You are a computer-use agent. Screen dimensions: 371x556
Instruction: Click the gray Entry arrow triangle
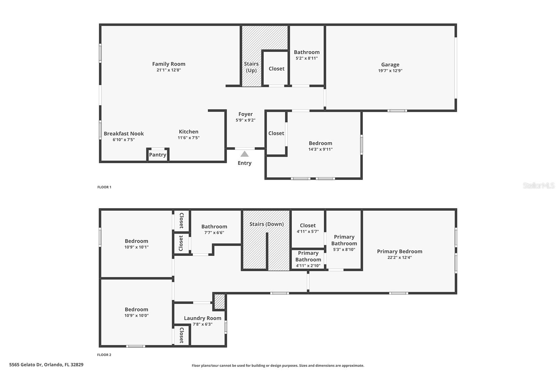(245, 154)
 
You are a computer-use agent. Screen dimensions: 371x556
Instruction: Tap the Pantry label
(157, 155)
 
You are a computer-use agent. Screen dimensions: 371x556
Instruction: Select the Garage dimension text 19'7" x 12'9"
(390, 71)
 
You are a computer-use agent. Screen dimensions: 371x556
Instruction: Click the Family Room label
(169, 64)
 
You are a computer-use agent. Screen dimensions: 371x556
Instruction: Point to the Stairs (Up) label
(251, 67)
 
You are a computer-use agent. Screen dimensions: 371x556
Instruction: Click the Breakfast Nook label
(124, 134)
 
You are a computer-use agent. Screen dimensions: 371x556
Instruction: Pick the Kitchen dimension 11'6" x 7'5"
(189, 138)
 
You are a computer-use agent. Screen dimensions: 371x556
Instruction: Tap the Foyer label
(245, 114)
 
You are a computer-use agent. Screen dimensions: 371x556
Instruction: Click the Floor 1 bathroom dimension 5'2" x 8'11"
(306, 58)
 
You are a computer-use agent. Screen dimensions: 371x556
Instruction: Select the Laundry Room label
(203, 318)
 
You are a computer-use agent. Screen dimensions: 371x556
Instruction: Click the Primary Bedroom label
(400, 251)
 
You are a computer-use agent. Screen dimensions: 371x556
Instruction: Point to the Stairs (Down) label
(267, 224)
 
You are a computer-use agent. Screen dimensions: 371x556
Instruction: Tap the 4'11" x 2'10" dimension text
(308, 266)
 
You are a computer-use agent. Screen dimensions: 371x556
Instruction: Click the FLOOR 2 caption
(104, 355)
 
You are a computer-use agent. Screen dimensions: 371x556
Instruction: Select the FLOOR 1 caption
(104, 187)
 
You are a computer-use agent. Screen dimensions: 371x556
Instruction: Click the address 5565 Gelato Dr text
(46, 365)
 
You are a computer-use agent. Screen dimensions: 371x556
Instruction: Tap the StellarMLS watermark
(538, 186)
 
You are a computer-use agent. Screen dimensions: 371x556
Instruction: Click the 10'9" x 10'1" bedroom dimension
(137, 247)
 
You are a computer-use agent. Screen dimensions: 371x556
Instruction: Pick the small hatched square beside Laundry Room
(219, 301)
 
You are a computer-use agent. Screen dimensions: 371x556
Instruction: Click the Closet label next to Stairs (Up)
(277, 69)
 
